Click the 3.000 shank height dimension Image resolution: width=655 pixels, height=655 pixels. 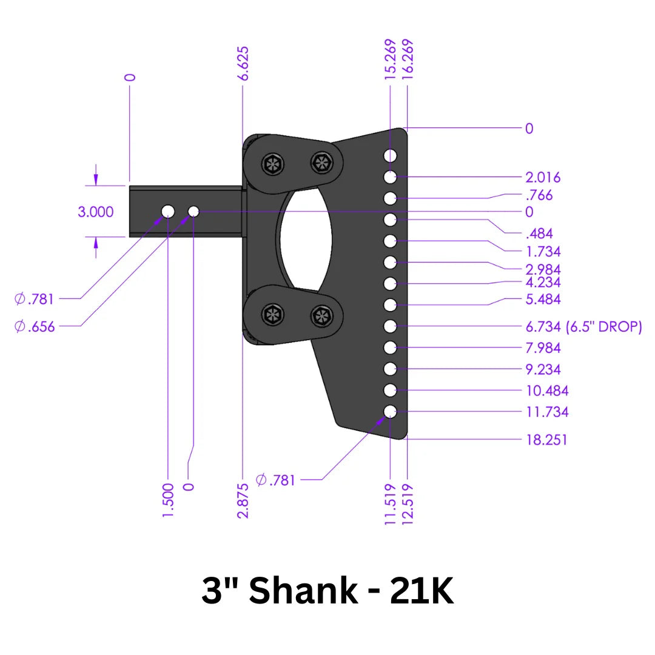pos(95,212)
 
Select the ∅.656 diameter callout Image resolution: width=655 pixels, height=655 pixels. pos(35,326)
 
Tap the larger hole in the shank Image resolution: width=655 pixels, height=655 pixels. pos(167,211)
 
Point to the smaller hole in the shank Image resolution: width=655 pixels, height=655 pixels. pos(193,211)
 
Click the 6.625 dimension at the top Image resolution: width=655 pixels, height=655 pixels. pos(243,64)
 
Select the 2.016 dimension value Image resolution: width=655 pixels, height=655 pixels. pos(543,177)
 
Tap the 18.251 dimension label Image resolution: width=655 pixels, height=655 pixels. pos(546,439)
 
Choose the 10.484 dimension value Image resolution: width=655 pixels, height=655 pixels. pos(546,391)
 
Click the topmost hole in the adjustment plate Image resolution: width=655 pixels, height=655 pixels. pos(390,156)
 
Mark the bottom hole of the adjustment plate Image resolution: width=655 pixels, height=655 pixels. pos(390,412)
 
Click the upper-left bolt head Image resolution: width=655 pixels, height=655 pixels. pos(272,163)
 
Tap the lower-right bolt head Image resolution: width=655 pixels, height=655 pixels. pos(321,315)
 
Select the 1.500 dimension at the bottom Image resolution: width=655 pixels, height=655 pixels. pos(169,500)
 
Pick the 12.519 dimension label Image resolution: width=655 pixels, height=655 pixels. pos(408,503)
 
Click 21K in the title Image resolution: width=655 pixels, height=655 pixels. pos(422,591)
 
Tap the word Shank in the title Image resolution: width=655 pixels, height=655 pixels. pos(303,591)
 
